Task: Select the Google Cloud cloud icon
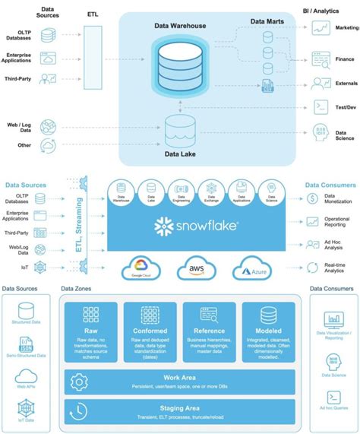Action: [x=142, y=268]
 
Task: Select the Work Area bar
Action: [x=180, y=380]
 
